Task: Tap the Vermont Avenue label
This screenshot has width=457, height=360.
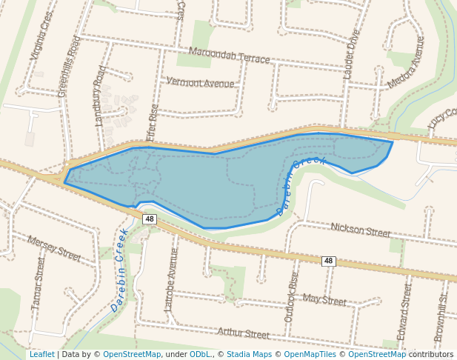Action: pyautogui.click(x=200, y=82)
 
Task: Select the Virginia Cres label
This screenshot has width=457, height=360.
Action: pyautogui.click(x=41, y=36)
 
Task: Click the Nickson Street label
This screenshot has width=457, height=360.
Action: pyautogui.click(x=360, y=231)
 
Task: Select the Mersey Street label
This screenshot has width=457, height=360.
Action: pyautogui.click(x=54, y=248)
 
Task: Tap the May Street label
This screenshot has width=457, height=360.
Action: pyautogui.click(x=324, y=300)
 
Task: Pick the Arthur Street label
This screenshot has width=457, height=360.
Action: pyautogui.click(x=242, y=335)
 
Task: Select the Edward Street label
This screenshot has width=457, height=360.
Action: pyautogui.click(x=404, y=312)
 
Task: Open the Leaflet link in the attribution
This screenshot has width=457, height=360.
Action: pyautogui.click(x=41, y=355)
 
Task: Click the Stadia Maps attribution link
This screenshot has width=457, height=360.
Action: pyautogui.click(x=249, y=355)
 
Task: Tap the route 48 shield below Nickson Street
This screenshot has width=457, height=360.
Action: pyautogui.click(x=329, y=261)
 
